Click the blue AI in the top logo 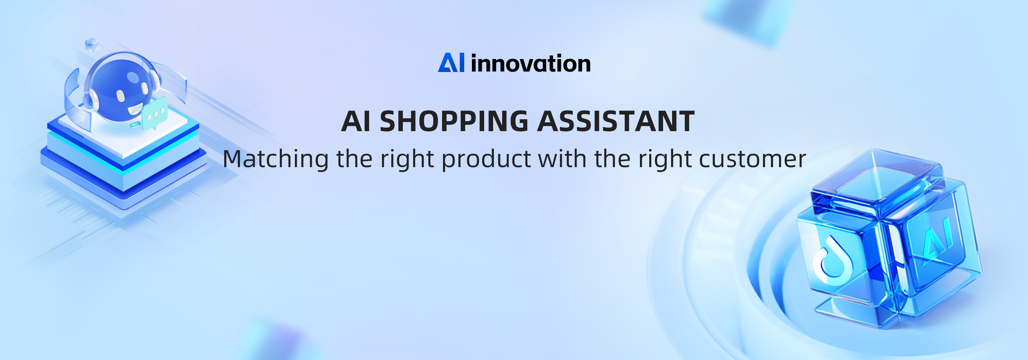coord(451,63)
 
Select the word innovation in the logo coord(531,63)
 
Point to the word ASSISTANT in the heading coord(616,121)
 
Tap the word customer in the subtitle coord(753,159)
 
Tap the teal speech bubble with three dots coord(155,113)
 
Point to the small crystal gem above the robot coord(92,45)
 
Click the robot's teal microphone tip coord(136,125)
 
